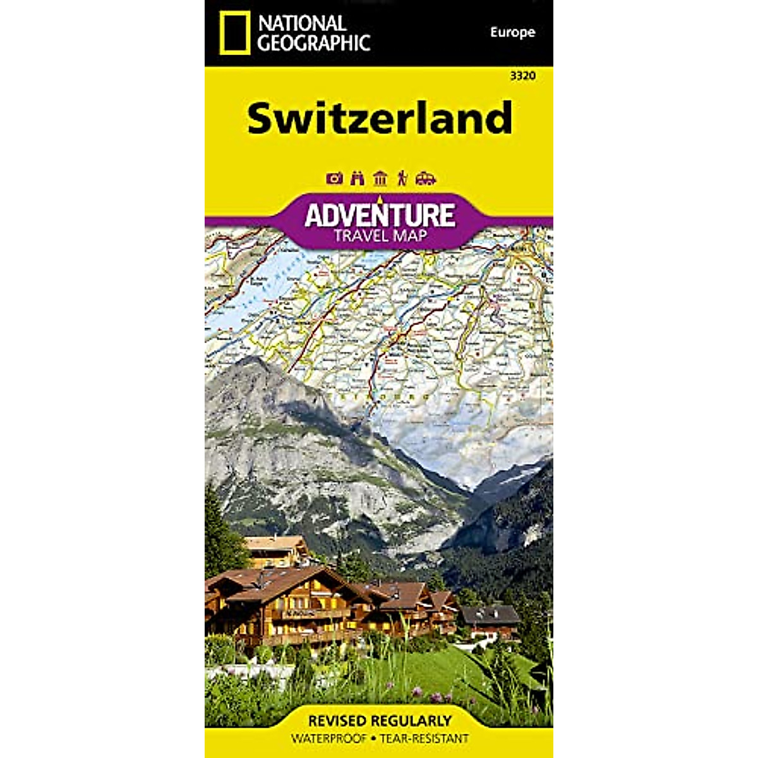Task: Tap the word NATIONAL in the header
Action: pyautogui.click(x=302, y=23)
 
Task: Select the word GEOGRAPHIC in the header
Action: pyautogui.click(x=314, y=42)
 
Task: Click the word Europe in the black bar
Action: pyautogui.click(x=512, y=32)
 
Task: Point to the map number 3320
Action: pyautogui.click(x=522, y=76)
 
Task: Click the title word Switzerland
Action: pyautogui.click(x=379, y=118)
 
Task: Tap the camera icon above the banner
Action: pyautogui.click(x=334, y=178)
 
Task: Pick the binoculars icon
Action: pyautogui.click(x=358, y=178)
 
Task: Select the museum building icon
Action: pyautogui.click(x=380, y=178)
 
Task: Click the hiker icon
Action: pyautogui.click(x=402, y=178)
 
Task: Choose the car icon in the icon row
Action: pyautogui.click(x=426, y=178)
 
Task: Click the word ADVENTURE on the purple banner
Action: pyautogui.click(x=379, y=215)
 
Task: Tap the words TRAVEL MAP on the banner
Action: pyautogui.click(x=379, y=236)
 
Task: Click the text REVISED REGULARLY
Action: pyautogui.click(x=380, y=721)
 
